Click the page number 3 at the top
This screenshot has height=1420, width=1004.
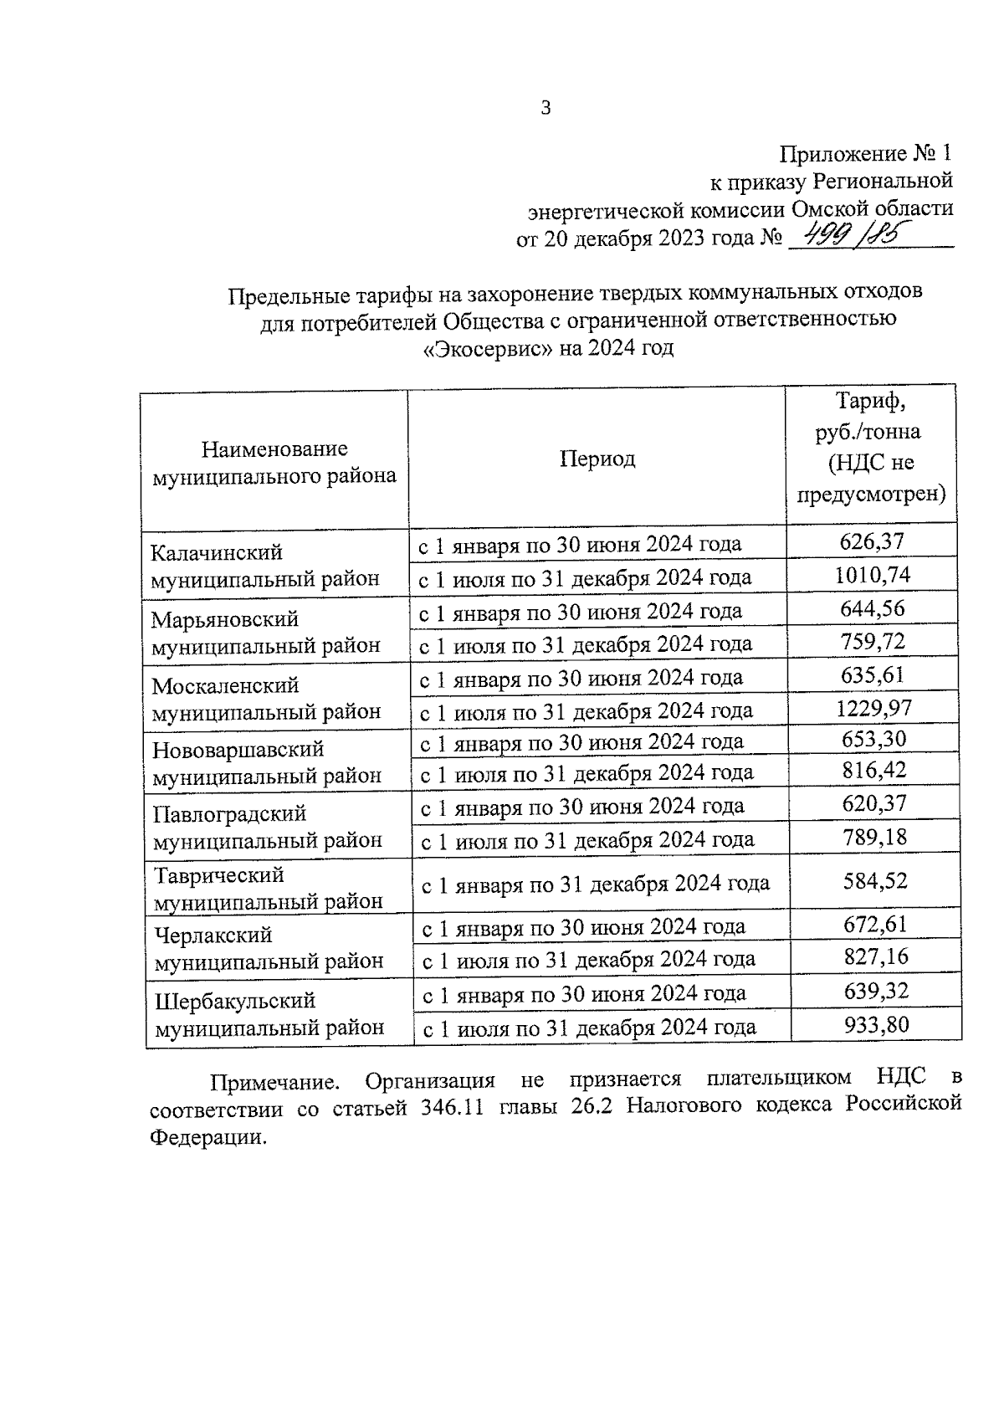(x=546, y=108)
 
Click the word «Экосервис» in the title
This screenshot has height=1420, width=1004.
(x=487, y=349)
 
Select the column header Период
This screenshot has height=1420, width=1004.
(x=597, y=459)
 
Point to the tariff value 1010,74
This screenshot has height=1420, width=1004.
(x=873, y=576)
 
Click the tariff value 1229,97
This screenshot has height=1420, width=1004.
(x=873, y=709)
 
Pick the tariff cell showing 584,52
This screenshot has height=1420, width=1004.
(x=875, y=881)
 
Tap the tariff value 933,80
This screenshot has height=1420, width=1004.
(x=876, y=1024)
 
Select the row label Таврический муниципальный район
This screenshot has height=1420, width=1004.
(x=268, y=888)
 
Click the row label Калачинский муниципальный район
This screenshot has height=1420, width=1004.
(x=264, y=565)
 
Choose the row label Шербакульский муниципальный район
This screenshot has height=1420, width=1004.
(x=269, y=1013)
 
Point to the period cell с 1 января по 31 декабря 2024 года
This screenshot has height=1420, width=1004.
(x=595, y=884)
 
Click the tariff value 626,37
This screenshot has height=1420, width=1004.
(x=872, y=541)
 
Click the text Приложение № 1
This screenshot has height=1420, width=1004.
(x=865, y=154)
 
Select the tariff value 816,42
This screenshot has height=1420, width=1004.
(x=874, y=770)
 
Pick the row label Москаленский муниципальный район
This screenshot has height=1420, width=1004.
(x=266, y=698)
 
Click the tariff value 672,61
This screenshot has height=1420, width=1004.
(x=875, y=925)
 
